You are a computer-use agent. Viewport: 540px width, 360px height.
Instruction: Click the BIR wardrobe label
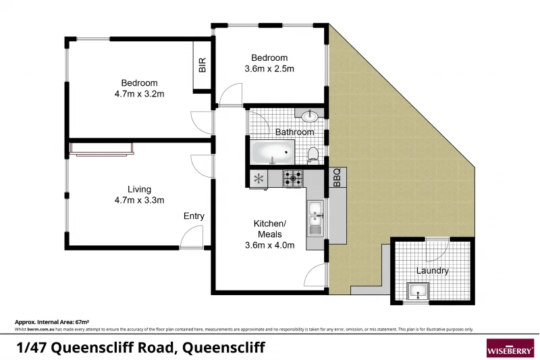pyautogui.click(x=202, y=66)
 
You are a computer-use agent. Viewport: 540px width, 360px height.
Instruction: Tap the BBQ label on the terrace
pyautogui.click(x=337, y=178)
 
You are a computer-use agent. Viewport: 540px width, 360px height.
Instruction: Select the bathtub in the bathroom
pyautogui.click(x=273, y=153)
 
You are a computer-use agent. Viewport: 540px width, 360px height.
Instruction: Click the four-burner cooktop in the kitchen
pyautogui.click(x=293, y=179)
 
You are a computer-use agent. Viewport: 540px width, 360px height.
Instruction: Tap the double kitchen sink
pyautogui.click(x=315, y=217)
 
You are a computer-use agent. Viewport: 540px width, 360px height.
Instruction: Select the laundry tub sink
pyautogui.click(x=418, y=292)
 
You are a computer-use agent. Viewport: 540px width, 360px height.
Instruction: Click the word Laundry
pyautogui.click(x=432, y=271)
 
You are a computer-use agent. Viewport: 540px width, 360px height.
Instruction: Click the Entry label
pyautogui.click(x=194, y=216)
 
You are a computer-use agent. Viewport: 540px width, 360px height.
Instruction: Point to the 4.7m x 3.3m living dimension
pyautogui.click(x=140, y=200)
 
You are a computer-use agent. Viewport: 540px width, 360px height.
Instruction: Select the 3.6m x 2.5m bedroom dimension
pyautogui.click(x=269, y=69)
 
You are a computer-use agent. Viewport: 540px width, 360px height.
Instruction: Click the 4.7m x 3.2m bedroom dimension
pyautogui.click(x=140, y=95)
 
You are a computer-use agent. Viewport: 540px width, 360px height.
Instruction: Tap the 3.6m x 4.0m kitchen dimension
pyautogui.click(x=269, y=245)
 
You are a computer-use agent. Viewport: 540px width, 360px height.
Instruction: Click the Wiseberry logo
pyautogui.click(x=510, y=348)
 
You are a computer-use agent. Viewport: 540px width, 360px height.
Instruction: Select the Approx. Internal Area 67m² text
pyautogui.click(x=52, y=323)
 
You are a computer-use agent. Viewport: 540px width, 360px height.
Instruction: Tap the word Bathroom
pyautogui.click(x=294, y=132)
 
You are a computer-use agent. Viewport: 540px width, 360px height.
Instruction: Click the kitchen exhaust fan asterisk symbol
pyautogui.click(x=258, y=179)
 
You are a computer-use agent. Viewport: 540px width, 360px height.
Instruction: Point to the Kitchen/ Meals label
pyautogui.click(x=269, y=229)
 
